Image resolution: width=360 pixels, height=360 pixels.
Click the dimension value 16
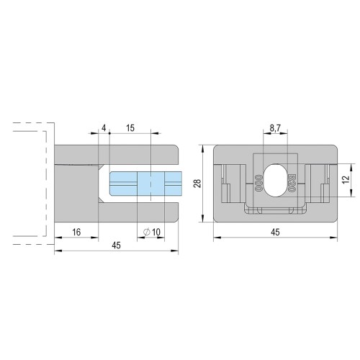(76, 232)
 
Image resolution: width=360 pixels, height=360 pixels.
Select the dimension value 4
(104, 128)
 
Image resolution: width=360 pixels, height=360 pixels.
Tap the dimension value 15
(130, 128)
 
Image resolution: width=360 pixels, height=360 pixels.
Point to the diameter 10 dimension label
(152, 232)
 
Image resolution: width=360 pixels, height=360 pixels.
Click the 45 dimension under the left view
(116, 246)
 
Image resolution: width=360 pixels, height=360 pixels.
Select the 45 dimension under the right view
(275, 232)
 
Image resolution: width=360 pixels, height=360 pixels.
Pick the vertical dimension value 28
(198, 184)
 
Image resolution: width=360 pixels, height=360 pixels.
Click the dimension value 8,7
(275, 128)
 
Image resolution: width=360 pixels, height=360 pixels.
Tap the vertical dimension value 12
(346, 180)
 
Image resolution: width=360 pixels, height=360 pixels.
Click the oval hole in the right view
(275, 180)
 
